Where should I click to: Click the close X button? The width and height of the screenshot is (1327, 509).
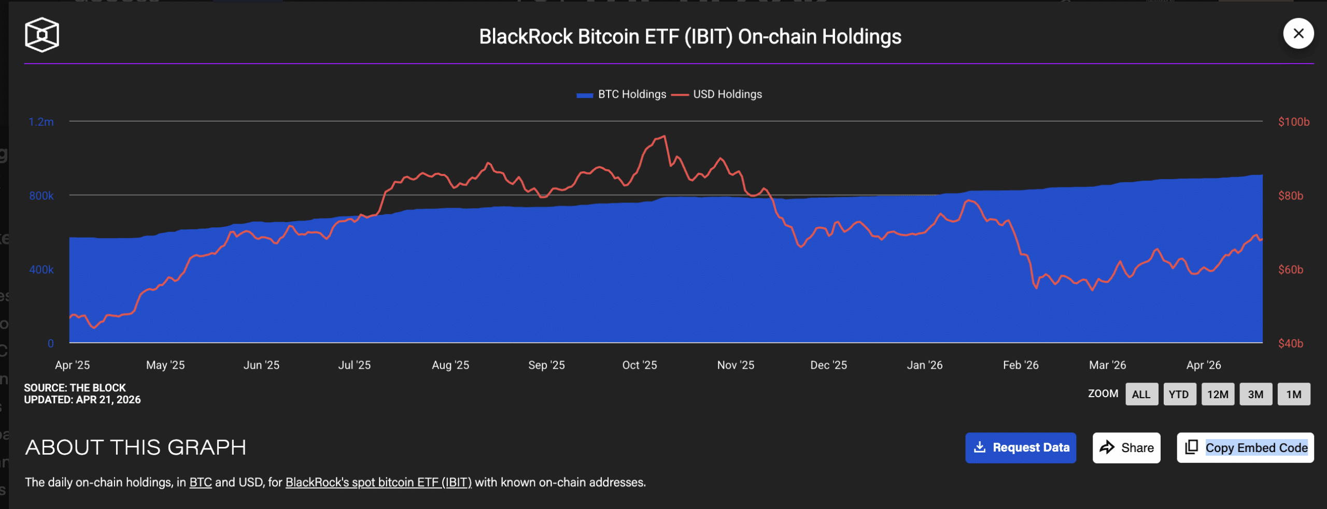(x=1298, y=34)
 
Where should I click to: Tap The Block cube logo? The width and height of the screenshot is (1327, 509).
(x=42, y=35)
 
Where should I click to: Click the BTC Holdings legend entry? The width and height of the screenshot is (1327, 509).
(x=622, y=94)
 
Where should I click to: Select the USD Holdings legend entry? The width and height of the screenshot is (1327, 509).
(x=717, y=94)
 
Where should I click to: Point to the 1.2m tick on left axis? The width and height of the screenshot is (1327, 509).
(x=41, y=122)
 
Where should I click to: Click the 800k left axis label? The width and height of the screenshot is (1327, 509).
(x=41, y=196)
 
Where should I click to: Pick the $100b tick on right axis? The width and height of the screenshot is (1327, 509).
(x=1293, y=122)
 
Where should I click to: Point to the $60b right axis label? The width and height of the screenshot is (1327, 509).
(x=1290, y=269)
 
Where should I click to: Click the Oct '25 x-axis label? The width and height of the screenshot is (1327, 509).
(x=639, y=365)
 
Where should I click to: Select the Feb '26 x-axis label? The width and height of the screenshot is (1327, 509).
(x=1020, y=365)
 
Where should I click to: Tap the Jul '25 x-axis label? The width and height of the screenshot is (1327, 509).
(x=354, y=365)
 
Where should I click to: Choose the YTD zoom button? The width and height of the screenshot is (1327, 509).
(x=1179, y=394)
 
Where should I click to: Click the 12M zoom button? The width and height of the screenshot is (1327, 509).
(x=1217, y=394)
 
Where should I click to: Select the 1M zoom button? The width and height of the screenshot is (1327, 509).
(x=1293, y=394)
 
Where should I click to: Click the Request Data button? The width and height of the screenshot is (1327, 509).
(x=1020, y=447)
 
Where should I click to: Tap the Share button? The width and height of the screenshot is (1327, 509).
(x=1126, y=447)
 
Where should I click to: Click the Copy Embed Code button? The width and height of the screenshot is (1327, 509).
(x=1245, y=447)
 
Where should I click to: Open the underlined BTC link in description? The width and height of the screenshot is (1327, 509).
(x=201, y=482)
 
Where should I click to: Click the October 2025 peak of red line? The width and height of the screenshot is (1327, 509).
(x=664, y=136)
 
